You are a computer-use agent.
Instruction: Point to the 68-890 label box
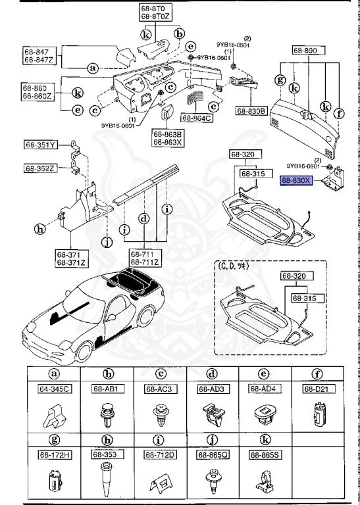305,51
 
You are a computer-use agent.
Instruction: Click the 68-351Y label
41,145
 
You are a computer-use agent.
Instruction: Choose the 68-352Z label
41,168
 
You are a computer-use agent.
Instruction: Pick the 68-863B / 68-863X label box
165,137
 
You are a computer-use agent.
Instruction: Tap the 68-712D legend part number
159,454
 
